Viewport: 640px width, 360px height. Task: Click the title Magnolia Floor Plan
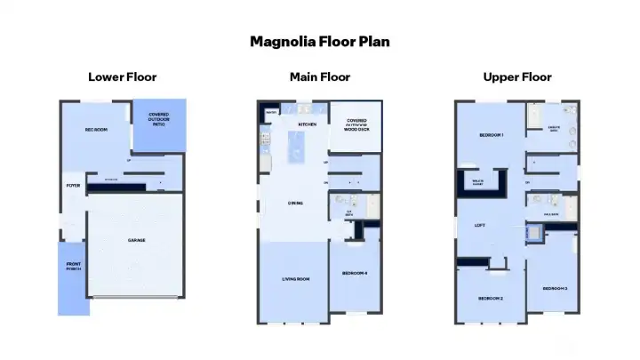(319, 41)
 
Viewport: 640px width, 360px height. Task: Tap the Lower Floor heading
(122, 77)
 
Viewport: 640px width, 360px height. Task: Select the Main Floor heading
(319, 77)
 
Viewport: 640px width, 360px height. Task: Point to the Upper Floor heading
(516, 77)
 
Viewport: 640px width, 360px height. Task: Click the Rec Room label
(96, 131)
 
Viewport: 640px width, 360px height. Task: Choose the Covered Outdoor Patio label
(159, 118)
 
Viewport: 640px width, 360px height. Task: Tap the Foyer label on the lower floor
(73, 186)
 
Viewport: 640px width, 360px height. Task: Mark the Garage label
(136, 240)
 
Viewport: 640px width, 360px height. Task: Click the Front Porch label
(74, 268)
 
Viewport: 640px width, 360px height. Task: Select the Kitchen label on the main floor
(308, 124)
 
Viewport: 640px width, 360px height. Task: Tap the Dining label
(295, 204)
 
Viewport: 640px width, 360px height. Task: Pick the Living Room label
(296, 279)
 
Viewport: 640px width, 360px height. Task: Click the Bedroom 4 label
(355, 274)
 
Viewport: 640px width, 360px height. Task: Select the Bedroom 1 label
(492, 135)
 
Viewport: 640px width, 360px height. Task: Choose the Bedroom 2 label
(491, 298)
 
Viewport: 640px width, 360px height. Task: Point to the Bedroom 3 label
(555, 289)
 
